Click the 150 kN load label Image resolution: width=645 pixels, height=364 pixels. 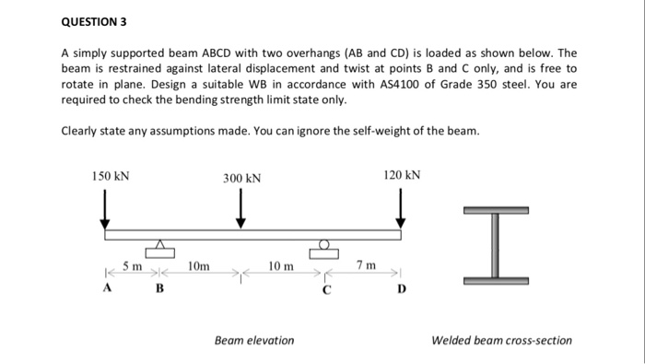(110, 173)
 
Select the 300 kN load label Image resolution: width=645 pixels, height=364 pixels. (241, 178)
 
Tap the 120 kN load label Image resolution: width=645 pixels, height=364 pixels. (402, 173)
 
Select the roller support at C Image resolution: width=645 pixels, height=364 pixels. (324, 247)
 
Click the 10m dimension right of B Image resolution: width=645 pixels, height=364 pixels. (197, 266)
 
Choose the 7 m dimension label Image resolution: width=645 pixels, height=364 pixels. (365, 266)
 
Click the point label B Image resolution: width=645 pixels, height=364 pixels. (158, 288)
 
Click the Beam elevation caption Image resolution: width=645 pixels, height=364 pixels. (254, 340)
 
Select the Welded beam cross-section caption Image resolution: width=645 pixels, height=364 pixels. (501, 340)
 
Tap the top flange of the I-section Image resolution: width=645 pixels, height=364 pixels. (495, 211)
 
